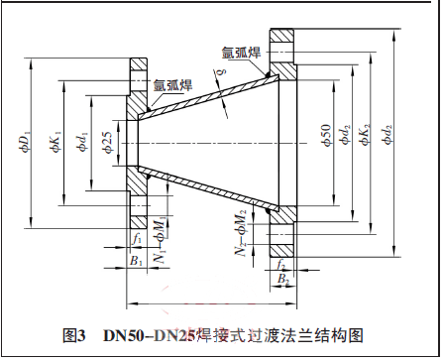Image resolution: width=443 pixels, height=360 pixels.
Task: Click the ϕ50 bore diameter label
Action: point(325,138)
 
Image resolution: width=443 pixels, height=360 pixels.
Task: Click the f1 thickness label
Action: point(137,238)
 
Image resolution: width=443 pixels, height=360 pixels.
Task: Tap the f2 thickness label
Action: point(282,266)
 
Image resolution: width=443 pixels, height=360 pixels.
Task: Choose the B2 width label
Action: point(282,281)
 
